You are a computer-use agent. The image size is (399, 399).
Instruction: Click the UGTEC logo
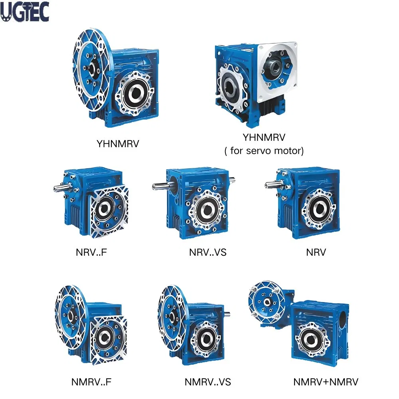tap(25, 12)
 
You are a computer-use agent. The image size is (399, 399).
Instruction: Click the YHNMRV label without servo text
tap(118, 144)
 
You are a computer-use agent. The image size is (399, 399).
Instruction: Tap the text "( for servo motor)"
tap(264, 151)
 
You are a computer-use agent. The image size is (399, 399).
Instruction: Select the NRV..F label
tap(91, 252)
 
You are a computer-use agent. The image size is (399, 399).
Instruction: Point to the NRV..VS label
tap(207, 252)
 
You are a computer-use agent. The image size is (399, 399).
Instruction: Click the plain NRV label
tap(316, 252)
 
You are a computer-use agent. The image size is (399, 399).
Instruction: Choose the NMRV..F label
tap(91, 382)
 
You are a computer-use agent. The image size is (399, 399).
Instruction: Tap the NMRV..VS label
tap(207, 382)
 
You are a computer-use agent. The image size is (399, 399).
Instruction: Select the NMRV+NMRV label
tap(326, 382)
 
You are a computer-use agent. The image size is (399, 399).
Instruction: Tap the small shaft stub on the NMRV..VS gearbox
tap(227, 314)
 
